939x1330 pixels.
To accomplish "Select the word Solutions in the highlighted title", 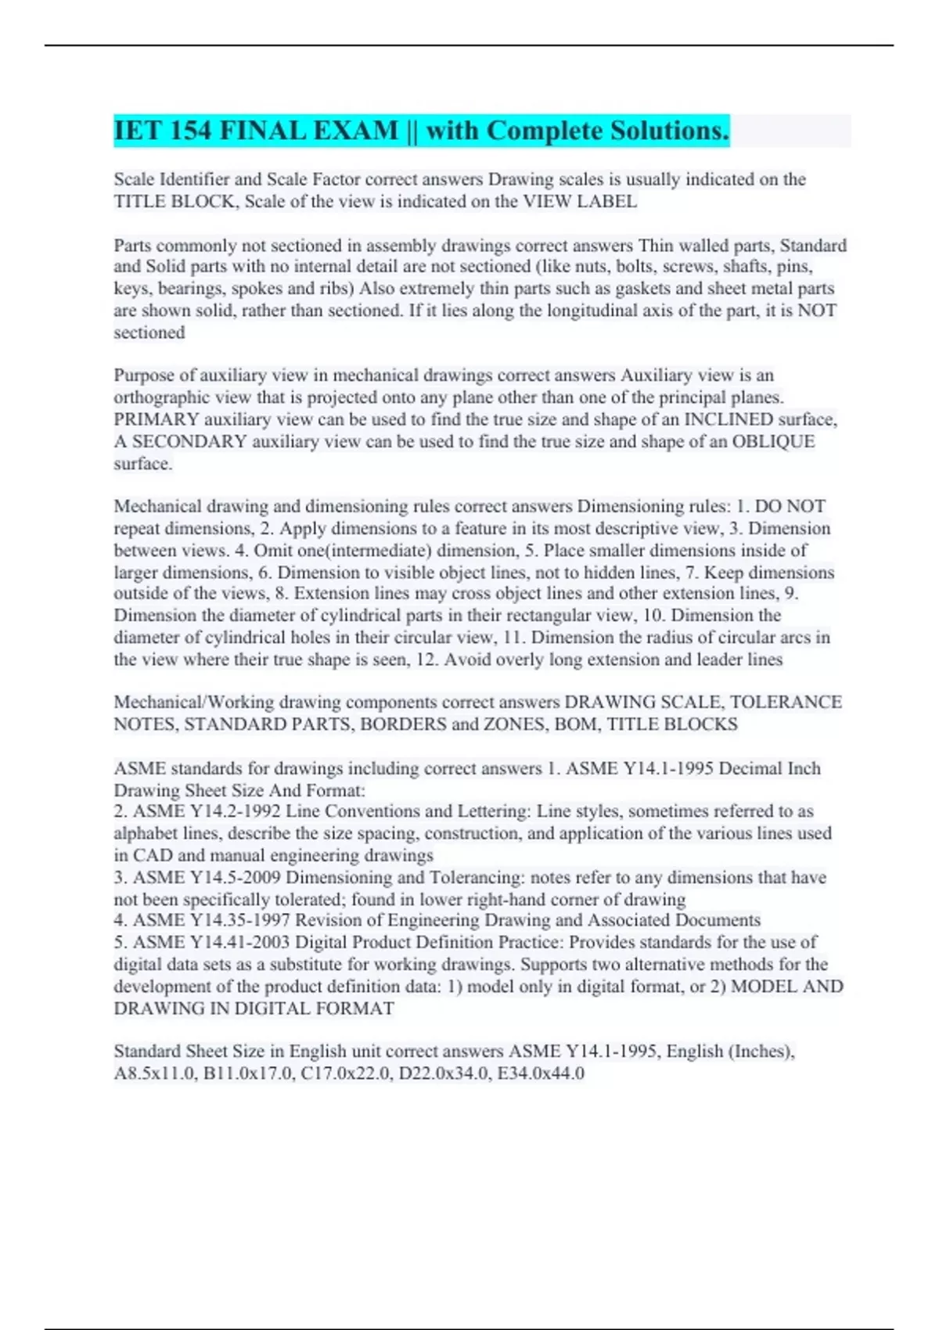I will pyautogui.click(x=670, y=131).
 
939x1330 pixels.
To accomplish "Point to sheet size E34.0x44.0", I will pyautogui.click(x=541, y=1073).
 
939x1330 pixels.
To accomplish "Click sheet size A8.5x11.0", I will pyautogui.click(x=153, y=1073).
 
